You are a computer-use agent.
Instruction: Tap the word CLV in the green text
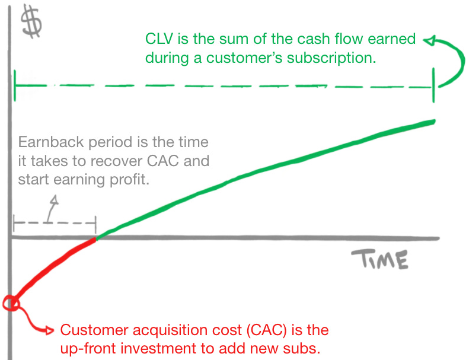158,40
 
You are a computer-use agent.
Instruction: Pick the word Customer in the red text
89,330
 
